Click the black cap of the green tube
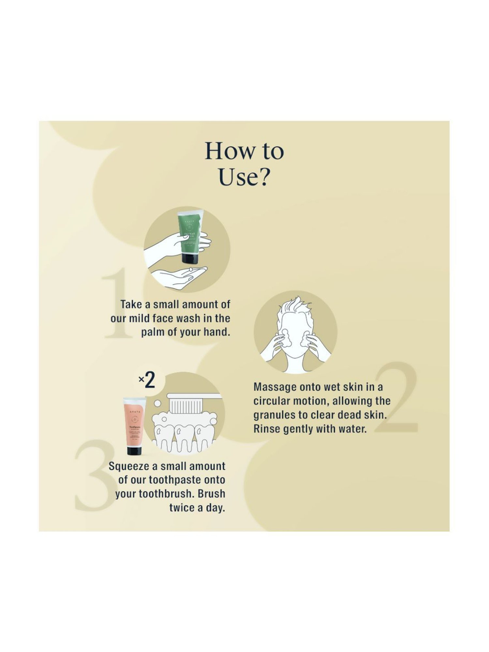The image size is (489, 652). click(x=191, y=259)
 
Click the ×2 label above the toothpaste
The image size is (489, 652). click(x=147, y=380)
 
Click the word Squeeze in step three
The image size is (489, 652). click(x=128, y=466)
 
